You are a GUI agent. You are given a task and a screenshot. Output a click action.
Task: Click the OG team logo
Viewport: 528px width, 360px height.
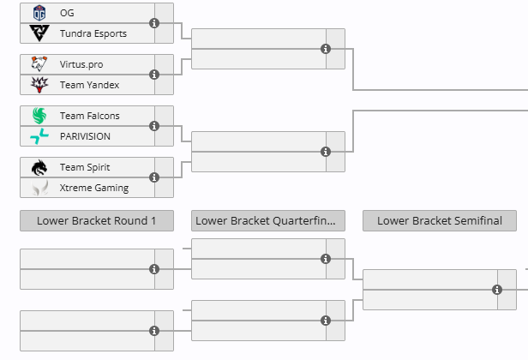39,13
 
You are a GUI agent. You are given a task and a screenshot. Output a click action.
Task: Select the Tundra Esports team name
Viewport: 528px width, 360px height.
93,33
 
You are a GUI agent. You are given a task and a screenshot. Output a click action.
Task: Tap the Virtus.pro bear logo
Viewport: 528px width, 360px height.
39,64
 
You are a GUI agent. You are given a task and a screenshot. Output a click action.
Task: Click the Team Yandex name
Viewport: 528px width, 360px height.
89,85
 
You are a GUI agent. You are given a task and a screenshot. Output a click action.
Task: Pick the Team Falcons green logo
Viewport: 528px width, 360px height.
39,116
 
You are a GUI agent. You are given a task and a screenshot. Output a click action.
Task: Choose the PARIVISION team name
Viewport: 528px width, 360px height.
85,136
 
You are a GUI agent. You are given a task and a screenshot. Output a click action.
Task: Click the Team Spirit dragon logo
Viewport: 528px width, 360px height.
39,167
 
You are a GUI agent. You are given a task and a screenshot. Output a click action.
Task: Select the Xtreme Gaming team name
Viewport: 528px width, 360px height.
93,188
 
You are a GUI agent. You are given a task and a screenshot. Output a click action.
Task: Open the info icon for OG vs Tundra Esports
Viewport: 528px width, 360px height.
154,23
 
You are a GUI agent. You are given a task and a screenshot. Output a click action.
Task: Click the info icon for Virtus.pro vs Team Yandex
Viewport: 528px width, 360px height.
154,75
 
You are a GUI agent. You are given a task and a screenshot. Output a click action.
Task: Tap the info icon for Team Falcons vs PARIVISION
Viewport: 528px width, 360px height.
154,126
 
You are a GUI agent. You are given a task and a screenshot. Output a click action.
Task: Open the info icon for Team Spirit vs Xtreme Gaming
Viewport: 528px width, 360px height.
154,177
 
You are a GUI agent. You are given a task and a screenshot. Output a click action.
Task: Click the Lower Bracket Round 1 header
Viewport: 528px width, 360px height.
97,220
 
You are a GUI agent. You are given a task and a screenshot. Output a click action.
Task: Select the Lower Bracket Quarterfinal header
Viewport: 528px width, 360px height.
268,220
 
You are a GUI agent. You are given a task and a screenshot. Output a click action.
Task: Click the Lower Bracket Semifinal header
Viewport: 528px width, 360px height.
440,220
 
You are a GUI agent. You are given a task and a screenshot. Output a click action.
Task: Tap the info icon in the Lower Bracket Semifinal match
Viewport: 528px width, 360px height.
497,290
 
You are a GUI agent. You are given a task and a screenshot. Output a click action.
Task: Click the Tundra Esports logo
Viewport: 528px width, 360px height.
39,33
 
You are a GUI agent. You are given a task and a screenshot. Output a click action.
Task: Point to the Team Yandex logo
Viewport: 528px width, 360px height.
39,85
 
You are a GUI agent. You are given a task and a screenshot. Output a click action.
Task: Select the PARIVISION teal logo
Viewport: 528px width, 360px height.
39,136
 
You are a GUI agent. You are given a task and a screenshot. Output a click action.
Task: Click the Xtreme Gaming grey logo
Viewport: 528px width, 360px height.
39,188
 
